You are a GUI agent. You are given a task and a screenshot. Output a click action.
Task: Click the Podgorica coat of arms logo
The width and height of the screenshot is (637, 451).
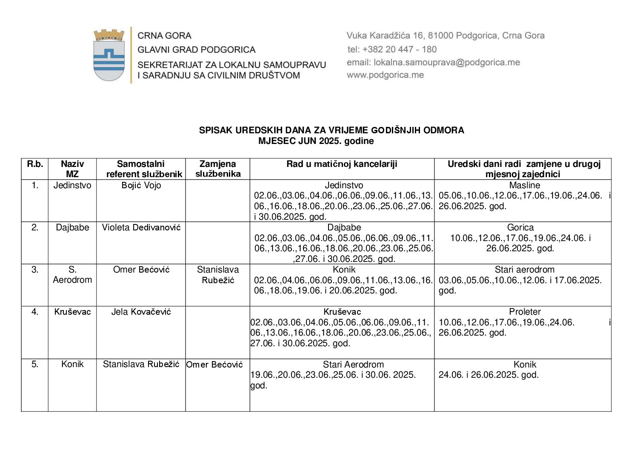pyautogui.click(x=109, y=55)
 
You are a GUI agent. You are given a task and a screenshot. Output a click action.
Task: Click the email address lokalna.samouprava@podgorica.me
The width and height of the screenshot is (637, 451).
pyautogui.click(x=433, y=62)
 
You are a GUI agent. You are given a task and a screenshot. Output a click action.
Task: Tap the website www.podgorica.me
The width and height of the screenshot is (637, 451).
pyautogui.click(x=385, y=75)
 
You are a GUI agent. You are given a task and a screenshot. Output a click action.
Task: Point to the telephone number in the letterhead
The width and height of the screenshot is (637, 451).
pyautogui.click(x=392, y=49)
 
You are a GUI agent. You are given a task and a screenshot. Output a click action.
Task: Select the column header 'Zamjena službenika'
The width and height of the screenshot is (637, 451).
pyautogui.click(x=217, y=169)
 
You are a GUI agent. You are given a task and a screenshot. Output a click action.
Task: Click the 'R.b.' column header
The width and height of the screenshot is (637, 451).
pyautogui.click(x=35, y=164)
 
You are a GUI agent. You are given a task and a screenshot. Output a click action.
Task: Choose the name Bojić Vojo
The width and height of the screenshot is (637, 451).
pyautogui.click(x=141, y=185)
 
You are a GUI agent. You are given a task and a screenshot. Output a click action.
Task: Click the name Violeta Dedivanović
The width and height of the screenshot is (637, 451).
pyautogui.click(x=141, y=227)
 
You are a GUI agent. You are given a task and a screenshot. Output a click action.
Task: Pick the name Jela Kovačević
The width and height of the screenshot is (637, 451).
pyautogui.click(x=141, y=312)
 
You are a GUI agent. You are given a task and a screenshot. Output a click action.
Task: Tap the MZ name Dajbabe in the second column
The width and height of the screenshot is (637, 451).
pyautogui.click(x=72, y=227)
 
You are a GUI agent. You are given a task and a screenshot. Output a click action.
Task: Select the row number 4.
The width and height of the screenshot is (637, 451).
pyautogui.click(x=35, y=312)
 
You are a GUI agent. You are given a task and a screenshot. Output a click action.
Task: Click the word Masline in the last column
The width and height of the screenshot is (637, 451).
pyautogui.click(x=524, y=185)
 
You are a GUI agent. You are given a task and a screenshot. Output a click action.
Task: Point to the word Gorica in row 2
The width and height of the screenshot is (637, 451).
pyautogui.click(x=520, y=227)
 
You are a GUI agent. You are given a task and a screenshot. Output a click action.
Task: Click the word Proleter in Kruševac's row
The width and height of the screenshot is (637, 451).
pyautogui.click(x=525, y=312)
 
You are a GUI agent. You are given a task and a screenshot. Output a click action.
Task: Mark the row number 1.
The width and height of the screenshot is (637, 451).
pyautogui.click(x=35, y=185)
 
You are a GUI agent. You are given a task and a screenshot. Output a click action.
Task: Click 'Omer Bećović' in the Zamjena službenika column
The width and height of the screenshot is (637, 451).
pyautogui.click(x=214, y=365)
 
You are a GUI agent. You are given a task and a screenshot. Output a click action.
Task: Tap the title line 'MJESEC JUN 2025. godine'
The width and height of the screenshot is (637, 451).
pyautogui.click(x=316, y=141)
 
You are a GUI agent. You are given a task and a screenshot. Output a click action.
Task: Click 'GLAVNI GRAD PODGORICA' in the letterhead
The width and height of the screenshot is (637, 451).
pyautogui.click(x=196, y=49)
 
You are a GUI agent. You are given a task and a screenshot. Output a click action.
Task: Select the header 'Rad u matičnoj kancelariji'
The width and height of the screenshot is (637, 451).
pyautogui.click(x=342, y=164)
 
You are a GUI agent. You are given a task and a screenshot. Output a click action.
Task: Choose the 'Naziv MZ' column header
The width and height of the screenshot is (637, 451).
pyautogui.click(x=72, y=169)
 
